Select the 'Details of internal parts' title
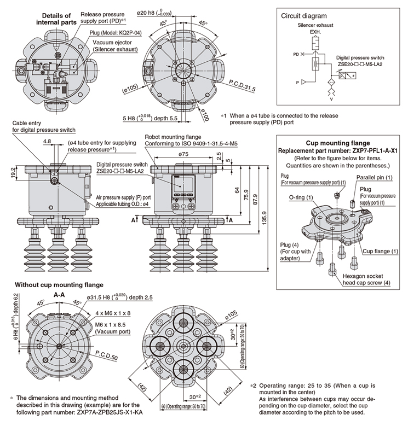point(54,19)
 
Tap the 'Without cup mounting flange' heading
point(59,284)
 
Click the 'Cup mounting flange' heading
point(334,143)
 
